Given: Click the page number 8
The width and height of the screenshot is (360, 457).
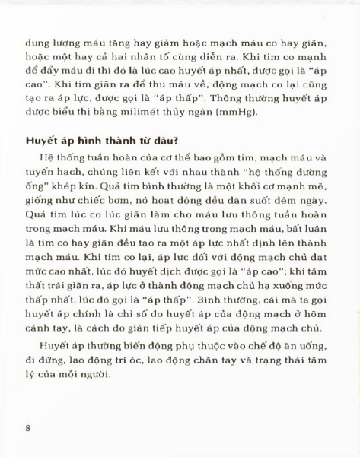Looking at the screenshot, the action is point(27,427).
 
